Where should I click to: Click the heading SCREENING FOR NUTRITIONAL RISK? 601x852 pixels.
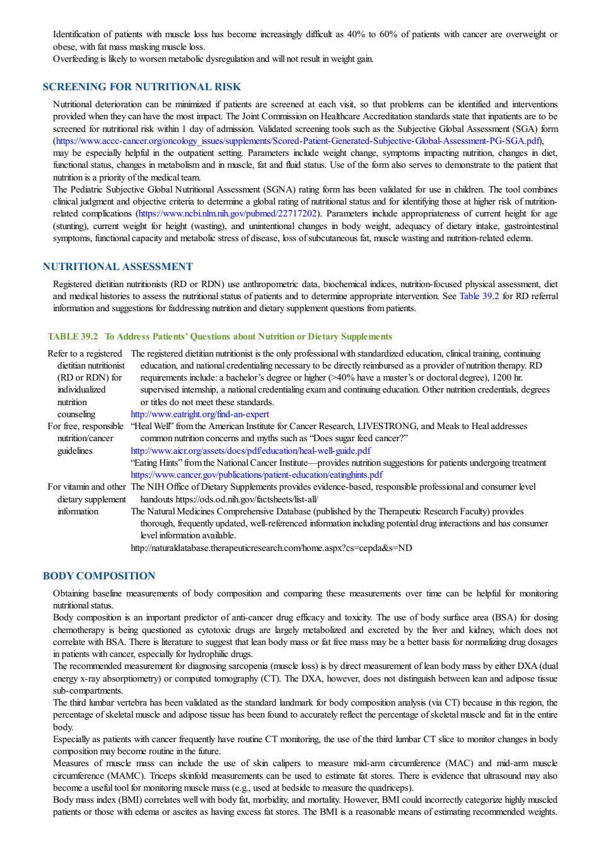tap(141, 86)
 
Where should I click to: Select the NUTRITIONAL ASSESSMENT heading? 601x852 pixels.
tap(117, 266)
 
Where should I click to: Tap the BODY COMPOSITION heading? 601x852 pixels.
tap(99, 576)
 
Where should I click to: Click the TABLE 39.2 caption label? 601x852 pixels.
tap(73, 336)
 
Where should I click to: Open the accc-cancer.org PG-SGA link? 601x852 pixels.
tap(298, 141)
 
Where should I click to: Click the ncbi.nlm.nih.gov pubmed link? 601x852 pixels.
tap(227, 214)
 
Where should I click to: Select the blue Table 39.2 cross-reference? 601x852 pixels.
tap(479, 296)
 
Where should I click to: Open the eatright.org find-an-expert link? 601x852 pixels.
tap(199, 414)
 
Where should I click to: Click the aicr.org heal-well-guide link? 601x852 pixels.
tap(250, 451)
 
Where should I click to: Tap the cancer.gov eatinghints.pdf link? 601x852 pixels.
tap(257, 475)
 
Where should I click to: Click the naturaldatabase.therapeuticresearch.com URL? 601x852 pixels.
tap(271, 548)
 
